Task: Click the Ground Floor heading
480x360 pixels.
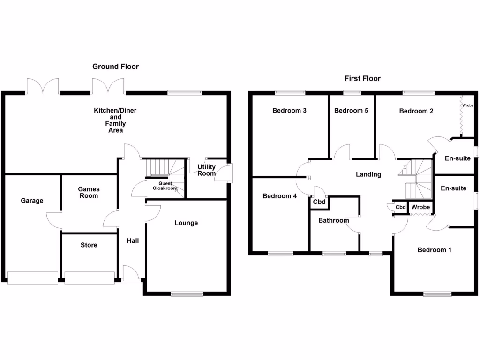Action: pyautogui.click(x=115, y=67)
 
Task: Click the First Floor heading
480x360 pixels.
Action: pyautogui.click(x=362, y=78)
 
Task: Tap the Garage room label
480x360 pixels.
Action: pyautogui.click(x=32, y=201)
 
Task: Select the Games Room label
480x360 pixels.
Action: pyautogui.click(x=89, y=192)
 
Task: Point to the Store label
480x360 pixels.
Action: pyautogui.click(x=89, y=245)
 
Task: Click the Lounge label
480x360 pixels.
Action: pyautogui.click(x=186, y=223)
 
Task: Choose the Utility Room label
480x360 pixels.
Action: pyautogui.click(x=206, y=170)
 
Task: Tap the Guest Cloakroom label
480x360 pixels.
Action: pyautogui.click(x=165, y=186)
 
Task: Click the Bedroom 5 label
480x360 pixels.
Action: pyautogui.click(x=351, y=111)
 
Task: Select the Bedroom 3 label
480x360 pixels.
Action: pyautogui.click(x=289, y=111)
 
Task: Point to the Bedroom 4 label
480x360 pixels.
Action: pyautogui.click(x=279, y=196)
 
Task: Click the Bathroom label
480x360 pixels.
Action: pyautogui.click(x=333, y=220)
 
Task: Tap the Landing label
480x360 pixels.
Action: pyautogui.click(x=368, y=174)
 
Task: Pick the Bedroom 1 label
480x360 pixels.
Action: pyautogui.click(x=434, y=250)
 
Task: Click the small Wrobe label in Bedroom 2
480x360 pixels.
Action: pyautogui.click(x=468, y=106)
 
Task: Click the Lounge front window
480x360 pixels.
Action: pyautogui.click(x=187, y=294)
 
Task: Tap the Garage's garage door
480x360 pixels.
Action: pyautogui.click(x=33, y=277)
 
